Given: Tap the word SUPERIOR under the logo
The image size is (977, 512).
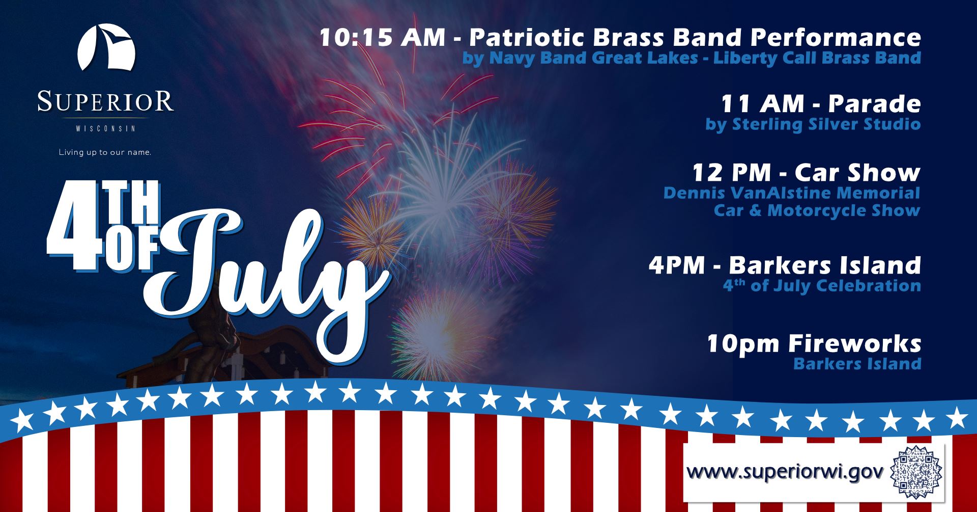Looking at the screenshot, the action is point(106,101).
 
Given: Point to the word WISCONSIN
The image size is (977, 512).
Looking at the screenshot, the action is point(106,129).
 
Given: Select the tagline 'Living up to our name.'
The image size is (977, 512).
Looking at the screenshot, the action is point(105,152).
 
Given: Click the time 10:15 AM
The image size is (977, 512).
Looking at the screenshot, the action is point(383,37).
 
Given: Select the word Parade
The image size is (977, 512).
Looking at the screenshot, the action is point(874,104).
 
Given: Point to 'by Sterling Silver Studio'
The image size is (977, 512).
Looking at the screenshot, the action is point(813,124).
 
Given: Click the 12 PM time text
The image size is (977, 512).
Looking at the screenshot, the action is point(732,173).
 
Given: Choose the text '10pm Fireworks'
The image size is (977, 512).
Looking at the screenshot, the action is point(814,344).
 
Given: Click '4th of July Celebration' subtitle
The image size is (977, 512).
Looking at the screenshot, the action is point(822,285).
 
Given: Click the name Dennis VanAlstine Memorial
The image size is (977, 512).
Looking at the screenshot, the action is point(792,193).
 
